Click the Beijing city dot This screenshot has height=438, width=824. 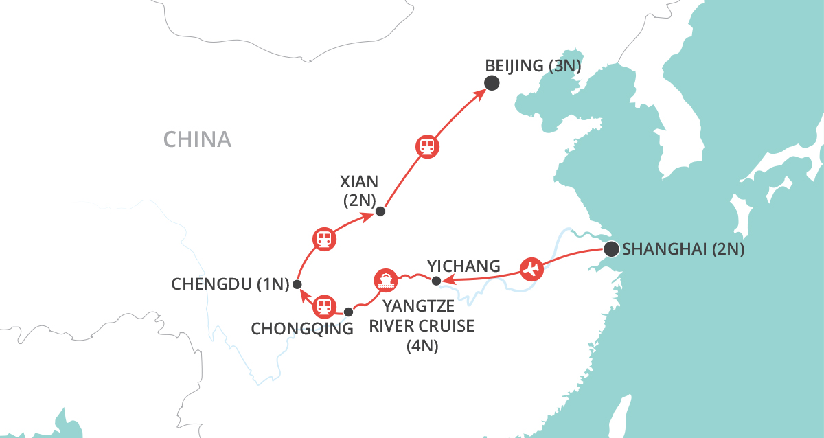click(x=492, y=83)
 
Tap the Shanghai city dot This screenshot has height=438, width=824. click(x=610, y=249)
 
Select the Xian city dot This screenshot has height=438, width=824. click(x=380, y=211)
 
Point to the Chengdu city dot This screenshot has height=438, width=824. click(x=297, y=284)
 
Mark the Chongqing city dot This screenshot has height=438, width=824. click(x=348, y=312)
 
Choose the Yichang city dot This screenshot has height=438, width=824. click(x=435, y=280)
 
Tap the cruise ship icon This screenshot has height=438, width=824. click(x=385, y=280)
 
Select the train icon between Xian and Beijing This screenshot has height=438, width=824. click(x=427, y=146)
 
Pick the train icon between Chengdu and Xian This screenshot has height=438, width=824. click(x=323, y=239)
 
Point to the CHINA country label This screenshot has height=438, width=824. click(x=197, y=140)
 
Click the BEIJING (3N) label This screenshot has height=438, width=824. click(x=534, y=67)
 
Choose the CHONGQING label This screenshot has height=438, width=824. click(x=302, y=329)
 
